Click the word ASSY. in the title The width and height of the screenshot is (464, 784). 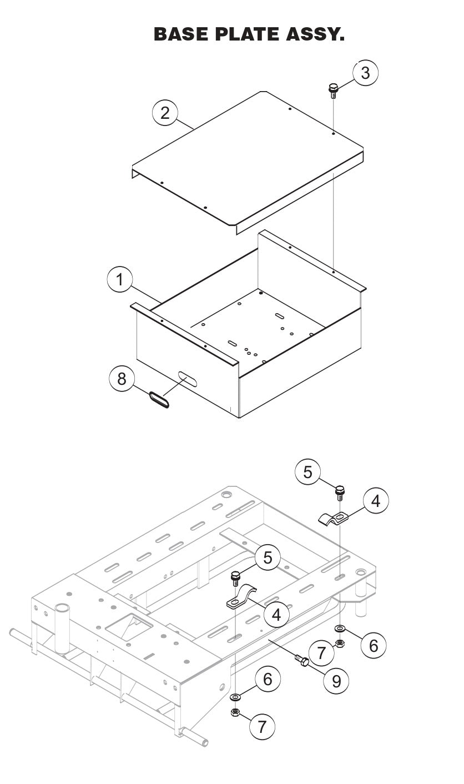coord(314,34)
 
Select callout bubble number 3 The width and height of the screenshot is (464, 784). coord(365,73)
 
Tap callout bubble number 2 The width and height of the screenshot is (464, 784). coord(165,113)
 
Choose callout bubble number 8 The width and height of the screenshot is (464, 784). coord(122,379)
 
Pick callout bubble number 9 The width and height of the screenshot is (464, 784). coord(336,680)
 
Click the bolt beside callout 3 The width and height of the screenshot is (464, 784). coord(334,91)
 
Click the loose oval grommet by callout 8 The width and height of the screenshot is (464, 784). coord(159,400)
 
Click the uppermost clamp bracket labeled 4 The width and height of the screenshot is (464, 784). coord(334,519)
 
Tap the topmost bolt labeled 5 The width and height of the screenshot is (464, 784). coord(339,492)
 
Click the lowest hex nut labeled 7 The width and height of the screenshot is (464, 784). coord(235,713)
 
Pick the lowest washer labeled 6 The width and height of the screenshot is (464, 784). coord(236,697)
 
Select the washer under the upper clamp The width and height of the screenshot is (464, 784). coord(339,629)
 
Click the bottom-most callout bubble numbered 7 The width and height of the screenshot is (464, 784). coord(263,725)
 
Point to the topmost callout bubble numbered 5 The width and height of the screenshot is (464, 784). coord(308,472)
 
